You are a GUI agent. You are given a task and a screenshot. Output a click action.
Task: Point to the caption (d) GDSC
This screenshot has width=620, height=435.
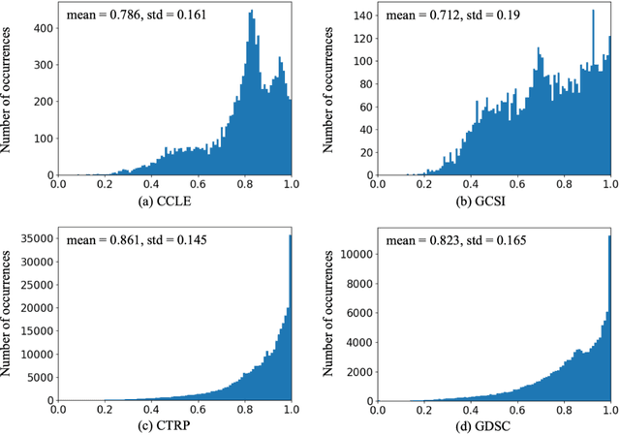[494, 424]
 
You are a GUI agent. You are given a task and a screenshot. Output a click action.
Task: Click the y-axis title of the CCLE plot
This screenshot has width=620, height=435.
[9, 93]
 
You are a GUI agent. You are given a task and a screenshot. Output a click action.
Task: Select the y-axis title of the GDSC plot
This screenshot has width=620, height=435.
[328, 315]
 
